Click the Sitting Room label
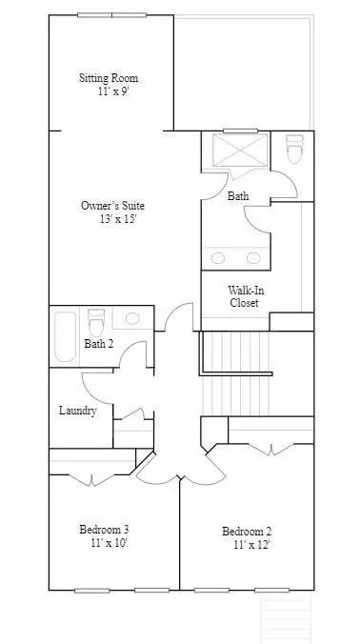tap(109, 77)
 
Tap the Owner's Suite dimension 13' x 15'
tap(118, 218)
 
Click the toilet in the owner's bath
tap(294, 149)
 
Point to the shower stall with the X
tap(240, 150)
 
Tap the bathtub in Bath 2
tap(66, 337)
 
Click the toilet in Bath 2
tap(96, 322)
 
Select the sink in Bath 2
tap(132, 318)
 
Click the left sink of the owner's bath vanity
tap(217, 258)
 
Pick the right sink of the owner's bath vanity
tap(253, 258)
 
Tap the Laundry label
tap(77, 411)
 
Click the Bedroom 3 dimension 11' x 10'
tap(110, 543)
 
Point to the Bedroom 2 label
tap(247, 532)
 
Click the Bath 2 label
tap(98, 343)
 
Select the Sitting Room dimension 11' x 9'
tap(113, 91)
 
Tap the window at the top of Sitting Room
tap(111, 15)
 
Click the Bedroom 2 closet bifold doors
tap(270, 450)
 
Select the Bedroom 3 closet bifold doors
tap(91, 480)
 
